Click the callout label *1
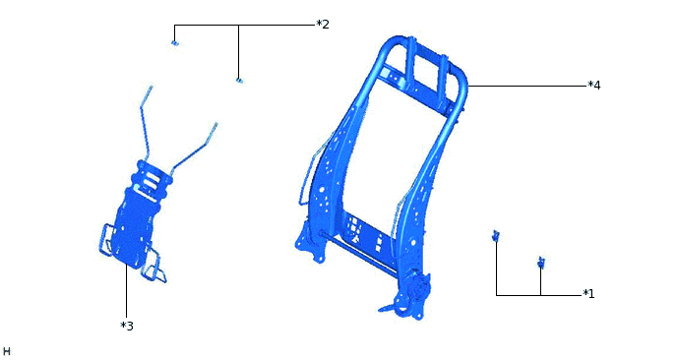tap(588, 294)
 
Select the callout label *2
tap(323, 25)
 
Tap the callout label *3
tap(127, 326)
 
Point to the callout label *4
tap(594, 86)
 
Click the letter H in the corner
tap(7, 351)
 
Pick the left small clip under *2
tap(174, 42)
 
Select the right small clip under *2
tap(240, 81)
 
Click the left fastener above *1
tap(496, 236)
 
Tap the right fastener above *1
tap(541, 262)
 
